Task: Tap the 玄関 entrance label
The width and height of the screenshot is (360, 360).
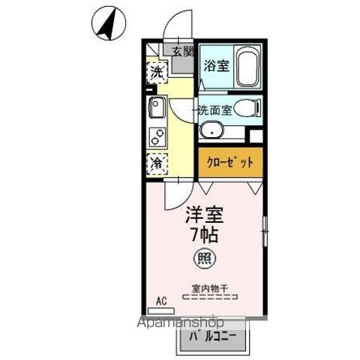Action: click(182, 52)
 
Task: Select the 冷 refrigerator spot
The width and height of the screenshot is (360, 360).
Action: click(157, 163)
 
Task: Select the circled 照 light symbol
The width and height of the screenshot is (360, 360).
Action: click(203, 260)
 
